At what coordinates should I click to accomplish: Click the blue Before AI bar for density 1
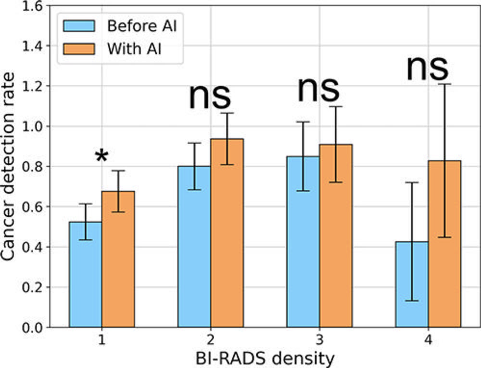[x=85, y=275]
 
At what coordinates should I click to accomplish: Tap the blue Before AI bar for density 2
[x=194, y=247]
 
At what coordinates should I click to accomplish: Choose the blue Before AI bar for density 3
[x=303, y=242]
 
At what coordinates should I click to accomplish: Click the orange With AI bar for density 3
[x=336, y=236]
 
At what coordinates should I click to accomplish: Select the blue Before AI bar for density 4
[x=412, y=284]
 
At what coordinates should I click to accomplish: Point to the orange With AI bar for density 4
[x=444, y=244]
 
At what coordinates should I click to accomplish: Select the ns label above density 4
[x=427, y=67]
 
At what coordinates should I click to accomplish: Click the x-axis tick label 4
[x=428, y=340]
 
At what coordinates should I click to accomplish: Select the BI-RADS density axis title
[x=265, y=358]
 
